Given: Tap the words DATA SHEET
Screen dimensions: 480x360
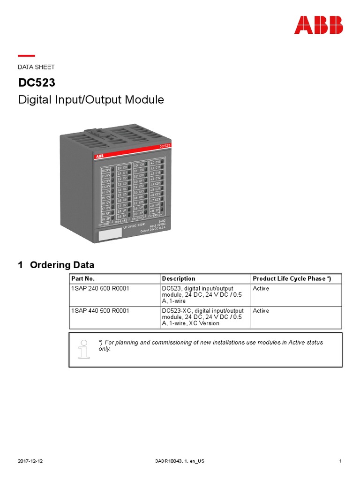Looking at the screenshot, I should [36, 67].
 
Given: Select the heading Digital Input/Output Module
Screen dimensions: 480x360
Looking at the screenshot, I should [90, 100].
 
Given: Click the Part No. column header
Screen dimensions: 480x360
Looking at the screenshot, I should [82, 278].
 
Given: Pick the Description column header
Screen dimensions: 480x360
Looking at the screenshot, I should [178, 278].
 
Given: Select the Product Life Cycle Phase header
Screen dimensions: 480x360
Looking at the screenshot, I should [292, 278].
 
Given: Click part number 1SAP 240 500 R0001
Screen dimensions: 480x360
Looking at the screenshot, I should [100, 289].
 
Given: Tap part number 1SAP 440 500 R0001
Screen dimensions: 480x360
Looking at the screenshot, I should [100, 311].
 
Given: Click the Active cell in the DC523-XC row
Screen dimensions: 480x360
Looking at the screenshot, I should [261, 311].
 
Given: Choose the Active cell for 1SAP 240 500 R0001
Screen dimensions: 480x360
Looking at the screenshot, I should [261, 289].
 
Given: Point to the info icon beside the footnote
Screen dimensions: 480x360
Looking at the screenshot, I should [84, 348].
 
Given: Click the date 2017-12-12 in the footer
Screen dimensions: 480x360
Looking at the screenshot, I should [30, 461].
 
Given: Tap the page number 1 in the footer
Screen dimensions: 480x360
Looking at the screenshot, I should [340, 461].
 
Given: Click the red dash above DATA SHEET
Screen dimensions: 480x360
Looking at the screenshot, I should [26, 56].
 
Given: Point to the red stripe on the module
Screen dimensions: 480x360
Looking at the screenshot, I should [136, 153].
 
